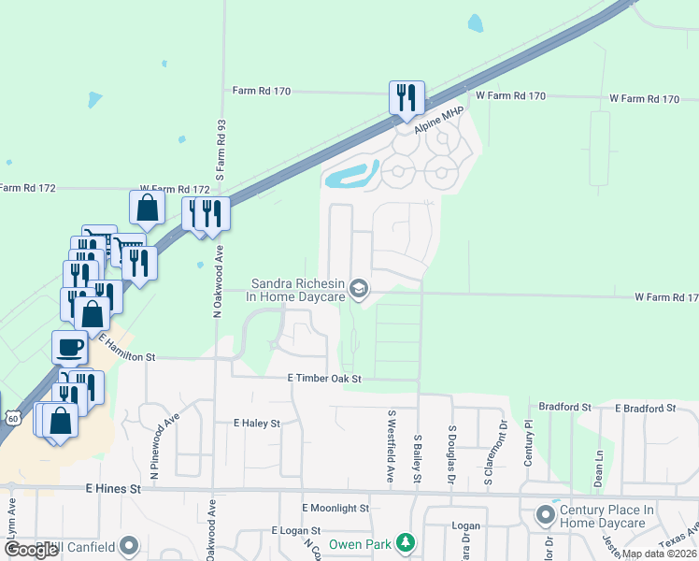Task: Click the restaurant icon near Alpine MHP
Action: pyautogui.click(x=407, y=97)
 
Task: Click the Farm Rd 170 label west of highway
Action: pyautogui.click(x=262, y=92)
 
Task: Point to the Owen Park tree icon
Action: pyautogui.click(x=405, y=542)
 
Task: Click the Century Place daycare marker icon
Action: pyautogui.click(x=545, y=514)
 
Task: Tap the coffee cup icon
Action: pyautogui.click(x=70, y=348)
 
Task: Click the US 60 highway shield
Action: pyautogui.click(x=10, y=417)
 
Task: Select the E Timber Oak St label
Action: pyautogui.click(x=323, y=379)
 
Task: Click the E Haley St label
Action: pyautogui.click(x=256, y=424)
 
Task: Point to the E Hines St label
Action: pyautogui.click(x=112, y=488)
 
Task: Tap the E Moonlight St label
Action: pyautogui.click(x=335, y=508)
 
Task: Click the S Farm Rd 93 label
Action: pyautogui.click(x=221, y=150)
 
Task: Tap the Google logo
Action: pyautogui.click(x=31, y=550)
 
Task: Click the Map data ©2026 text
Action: pyautogui.click(x=659, y=554)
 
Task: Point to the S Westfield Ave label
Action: pyautogui.click(x=391, y=445)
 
